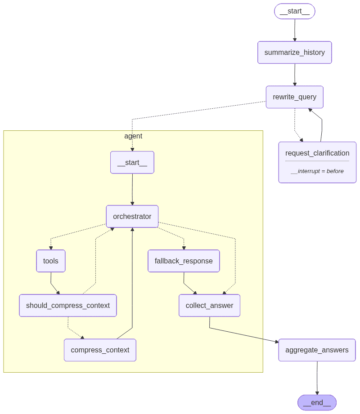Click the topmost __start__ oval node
[x=294, y=11]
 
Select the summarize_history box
[x=294, y=52]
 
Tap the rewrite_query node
[x=294, y=97]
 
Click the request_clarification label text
[x=317, y=153]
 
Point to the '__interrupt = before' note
[x=317, y=171]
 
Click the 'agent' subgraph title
[x=133, y=136]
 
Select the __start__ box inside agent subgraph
[x=132, y=162]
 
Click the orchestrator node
[x=132, y=217]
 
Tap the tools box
[x=51, y=261]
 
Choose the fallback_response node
[x=184, y=261]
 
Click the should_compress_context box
[x=68, y=306]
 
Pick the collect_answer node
[x=209, y=306]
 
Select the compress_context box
[x=100, y=350]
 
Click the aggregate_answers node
[x=317, y=350]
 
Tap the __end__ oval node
[x=317, y=403]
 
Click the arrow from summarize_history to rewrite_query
[x=295, y=75]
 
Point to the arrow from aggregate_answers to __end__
[x=317, y=378]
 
